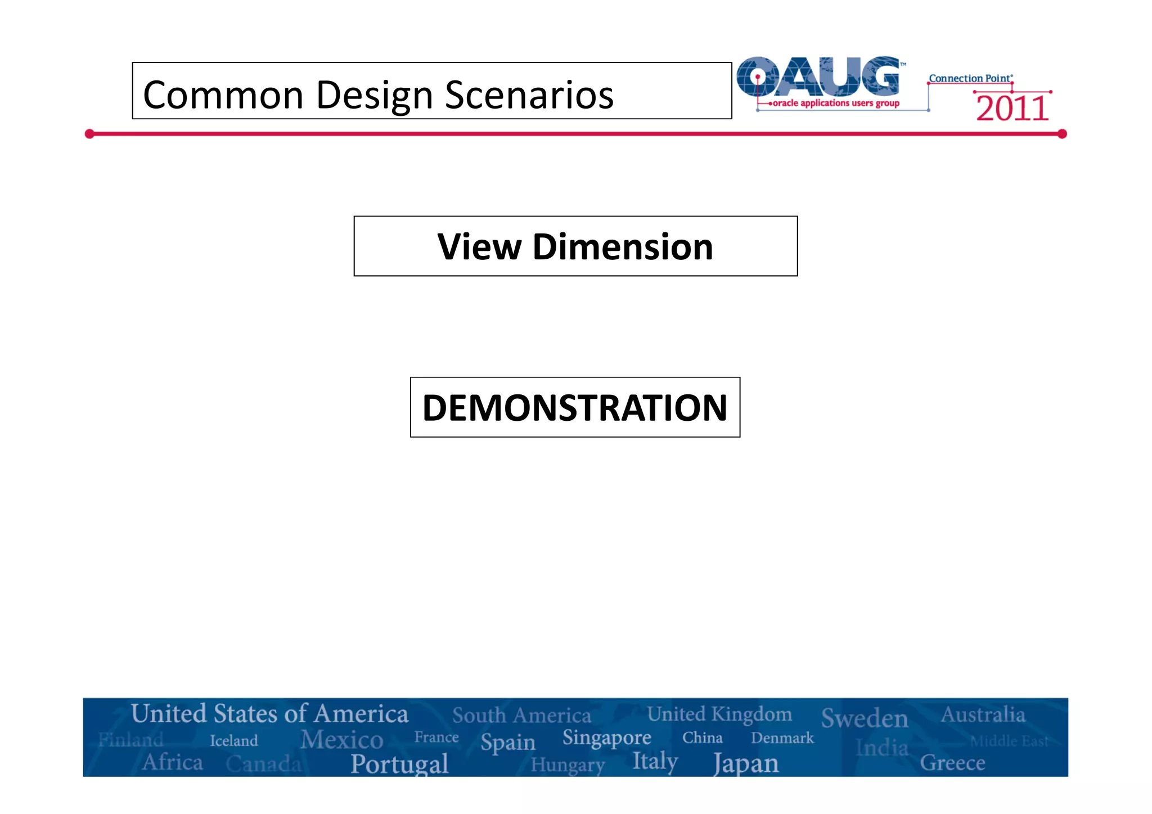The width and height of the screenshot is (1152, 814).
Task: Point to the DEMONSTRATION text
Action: (575, 407)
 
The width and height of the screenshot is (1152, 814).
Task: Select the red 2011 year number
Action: (1012, 109)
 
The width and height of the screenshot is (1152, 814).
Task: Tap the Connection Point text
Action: (970, 79)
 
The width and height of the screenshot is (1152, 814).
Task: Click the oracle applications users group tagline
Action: (836, 103)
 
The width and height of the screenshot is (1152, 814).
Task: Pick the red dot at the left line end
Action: (89, 134)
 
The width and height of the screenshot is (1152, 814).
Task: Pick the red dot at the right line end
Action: (1062, 134)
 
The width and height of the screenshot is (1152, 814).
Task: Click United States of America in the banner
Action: (269, 714)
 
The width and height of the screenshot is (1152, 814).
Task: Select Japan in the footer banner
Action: (746, 764)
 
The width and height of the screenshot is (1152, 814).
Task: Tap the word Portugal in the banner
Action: (399, 764)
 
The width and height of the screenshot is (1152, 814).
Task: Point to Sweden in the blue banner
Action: (865, 718)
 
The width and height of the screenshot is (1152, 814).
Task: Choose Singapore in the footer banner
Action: (606, 737)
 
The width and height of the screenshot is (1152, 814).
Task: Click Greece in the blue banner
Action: (952, 763)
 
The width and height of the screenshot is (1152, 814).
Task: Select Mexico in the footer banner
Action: (341, 740)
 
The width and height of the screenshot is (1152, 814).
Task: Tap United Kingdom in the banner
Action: (719, 714)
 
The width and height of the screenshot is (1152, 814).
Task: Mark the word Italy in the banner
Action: (655, 761)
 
